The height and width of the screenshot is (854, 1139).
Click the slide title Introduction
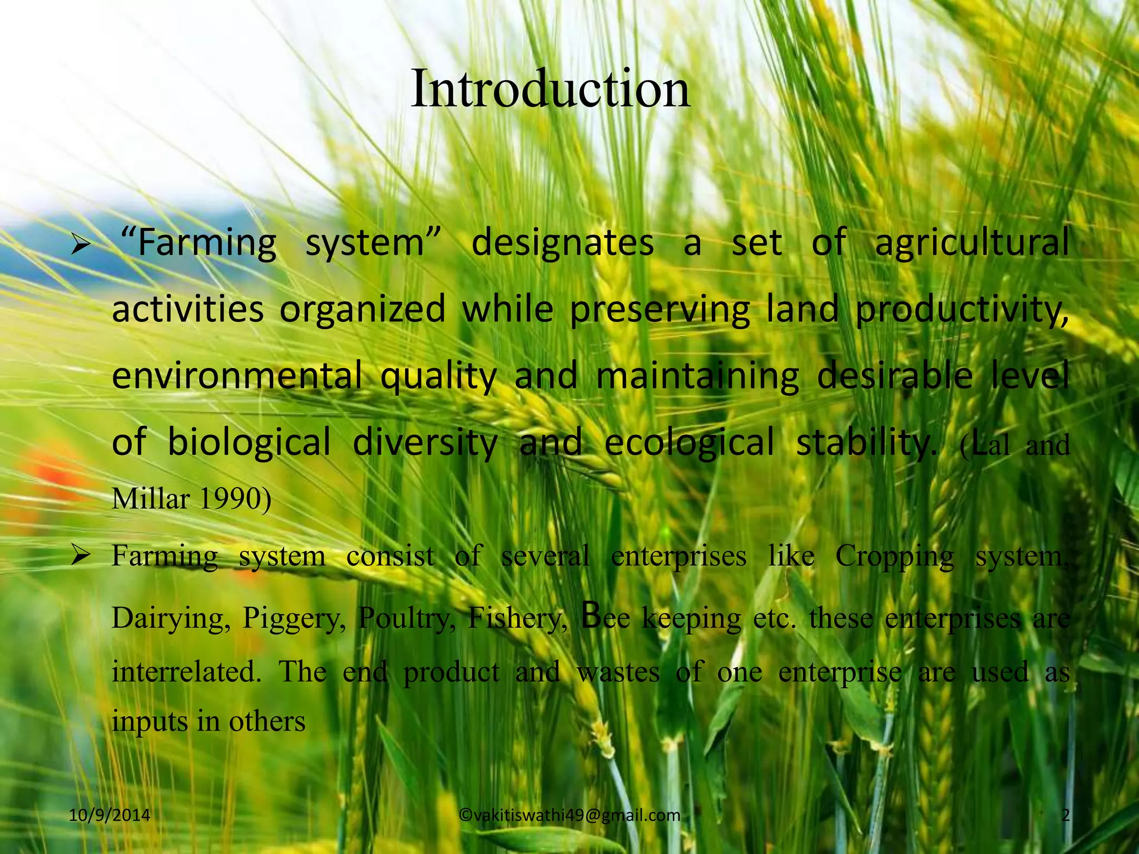click(x=551, y=89)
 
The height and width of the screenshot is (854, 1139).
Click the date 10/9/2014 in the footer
click(x=110, y=815)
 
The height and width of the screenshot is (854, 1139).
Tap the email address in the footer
click(x=570, y=815)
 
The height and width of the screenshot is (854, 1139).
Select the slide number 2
click(x=1065, y=815)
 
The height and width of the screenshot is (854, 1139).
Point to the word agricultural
click(x=971, y=243)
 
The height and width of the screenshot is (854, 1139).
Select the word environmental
click(x=237, y=375)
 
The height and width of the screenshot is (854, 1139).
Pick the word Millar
click(x=151, y=499)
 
